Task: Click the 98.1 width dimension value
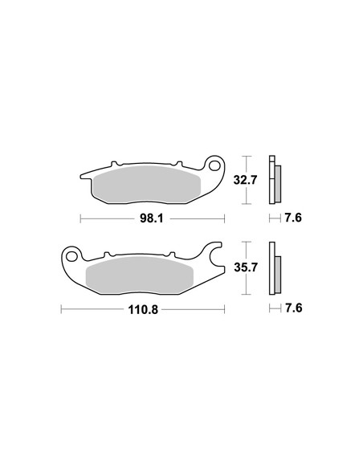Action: tap(152, 218)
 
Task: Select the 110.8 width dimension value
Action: tap(143, 309)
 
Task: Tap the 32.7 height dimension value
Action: tap(245, 180)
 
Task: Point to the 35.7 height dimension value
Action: tap(246, 267)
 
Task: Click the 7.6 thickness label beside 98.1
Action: tap(293, 218)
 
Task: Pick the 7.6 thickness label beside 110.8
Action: tap(294, 308)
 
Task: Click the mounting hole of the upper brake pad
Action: tap(214, 165)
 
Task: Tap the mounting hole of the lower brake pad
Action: tap(71, 256)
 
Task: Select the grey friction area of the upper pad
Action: tap(146, 184)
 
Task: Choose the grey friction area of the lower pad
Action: tap(140, 275)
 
